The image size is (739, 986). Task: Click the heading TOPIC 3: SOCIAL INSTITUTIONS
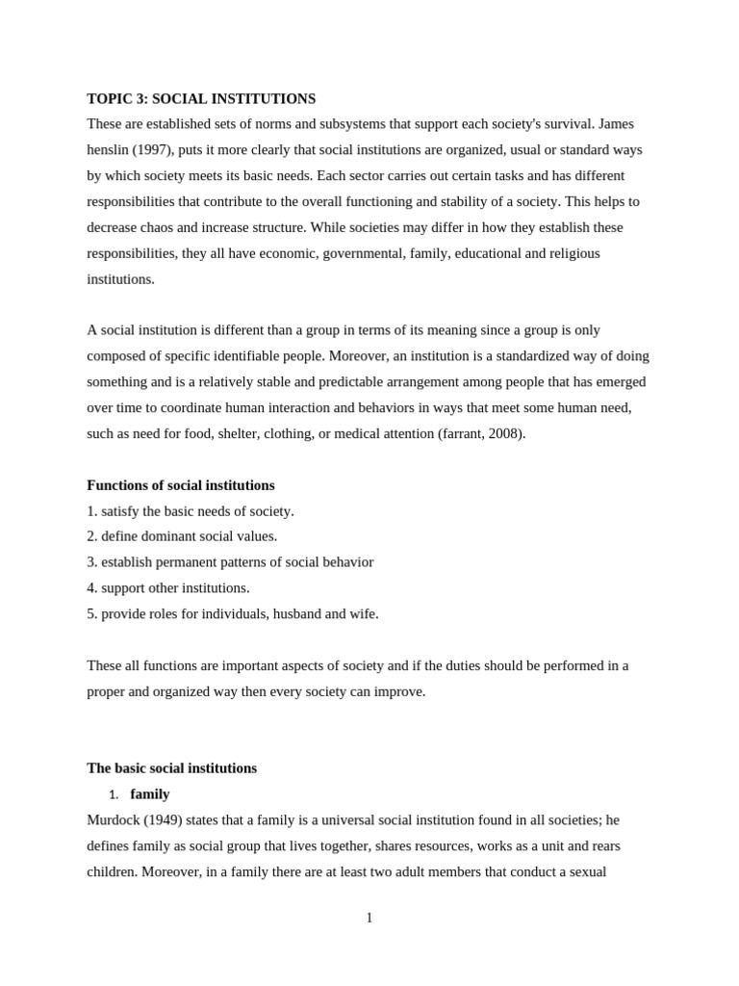201,98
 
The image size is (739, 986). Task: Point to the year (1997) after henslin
153,150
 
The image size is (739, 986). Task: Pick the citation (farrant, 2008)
481,433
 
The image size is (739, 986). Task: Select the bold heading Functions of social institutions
180,485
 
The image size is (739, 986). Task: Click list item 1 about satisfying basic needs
191,511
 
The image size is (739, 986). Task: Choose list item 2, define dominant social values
182,536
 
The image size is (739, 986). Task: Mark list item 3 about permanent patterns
230,562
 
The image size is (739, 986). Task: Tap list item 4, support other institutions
168,588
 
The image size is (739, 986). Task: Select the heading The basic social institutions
171,768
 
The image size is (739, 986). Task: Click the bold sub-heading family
150,794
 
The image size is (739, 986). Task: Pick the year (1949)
163,820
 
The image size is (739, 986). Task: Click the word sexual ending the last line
583,872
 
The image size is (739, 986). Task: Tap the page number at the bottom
369,919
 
